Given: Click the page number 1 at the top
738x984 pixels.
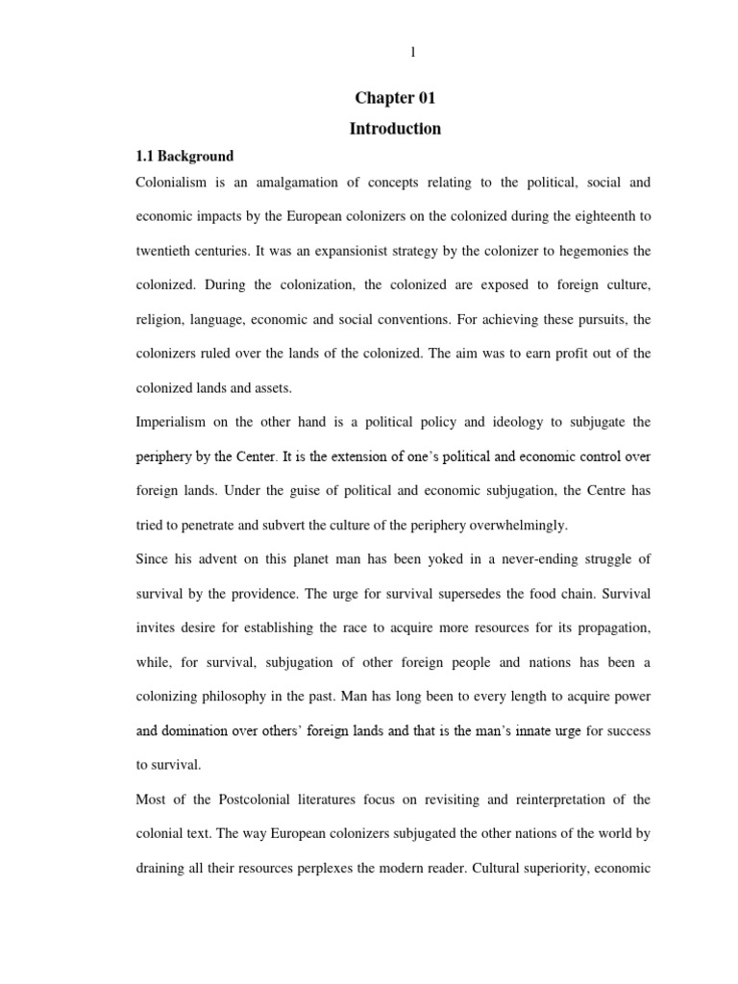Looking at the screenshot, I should (x=413, y=53).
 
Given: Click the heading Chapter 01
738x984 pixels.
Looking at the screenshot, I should (x=395, y=99).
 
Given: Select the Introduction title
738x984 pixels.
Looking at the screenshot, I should (x=395, y=128).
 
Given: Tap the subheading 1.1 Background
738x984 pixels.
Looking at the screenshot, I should (x=183, y=156).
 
